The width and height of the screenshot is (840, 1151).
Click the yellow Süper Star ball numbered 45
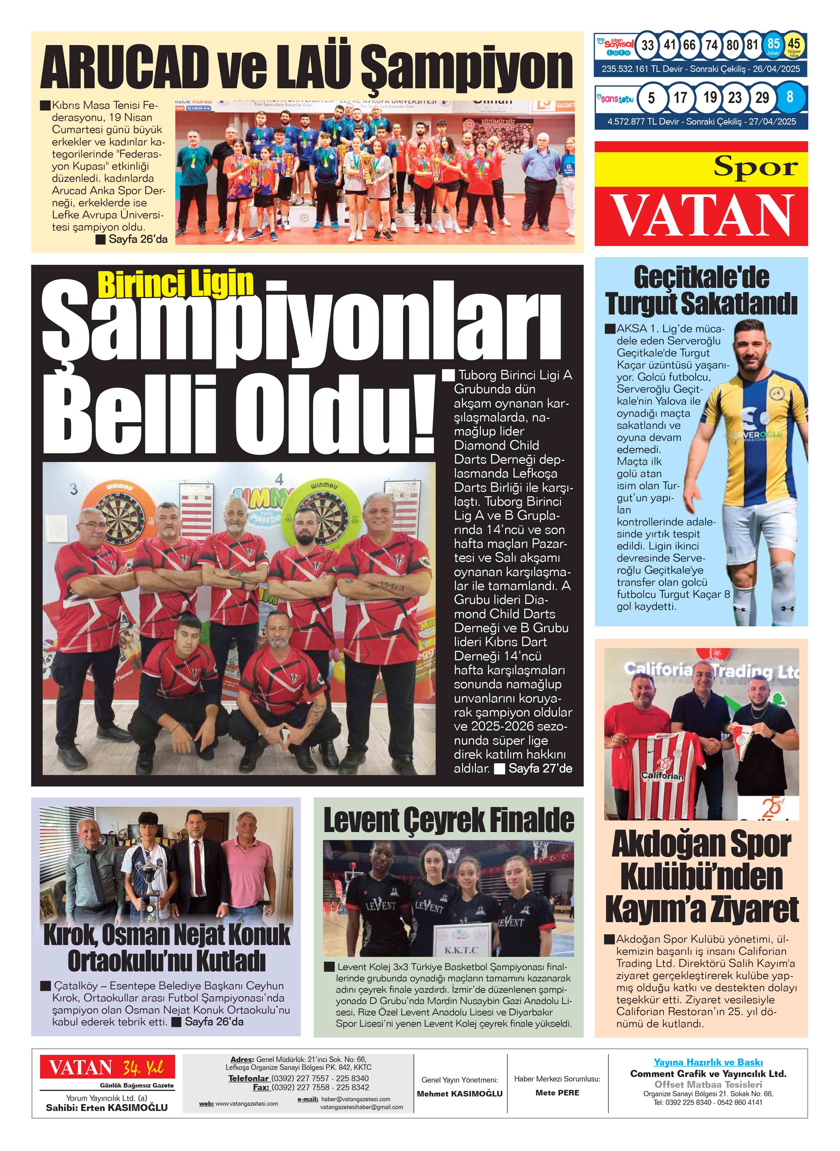click(x=794, y=45)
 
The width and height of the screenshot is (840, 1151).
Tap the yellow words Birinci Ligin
click(x=175, y=284)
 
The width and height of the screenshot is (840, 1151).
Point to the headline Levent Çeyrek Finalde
click(x=449, y=822)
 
